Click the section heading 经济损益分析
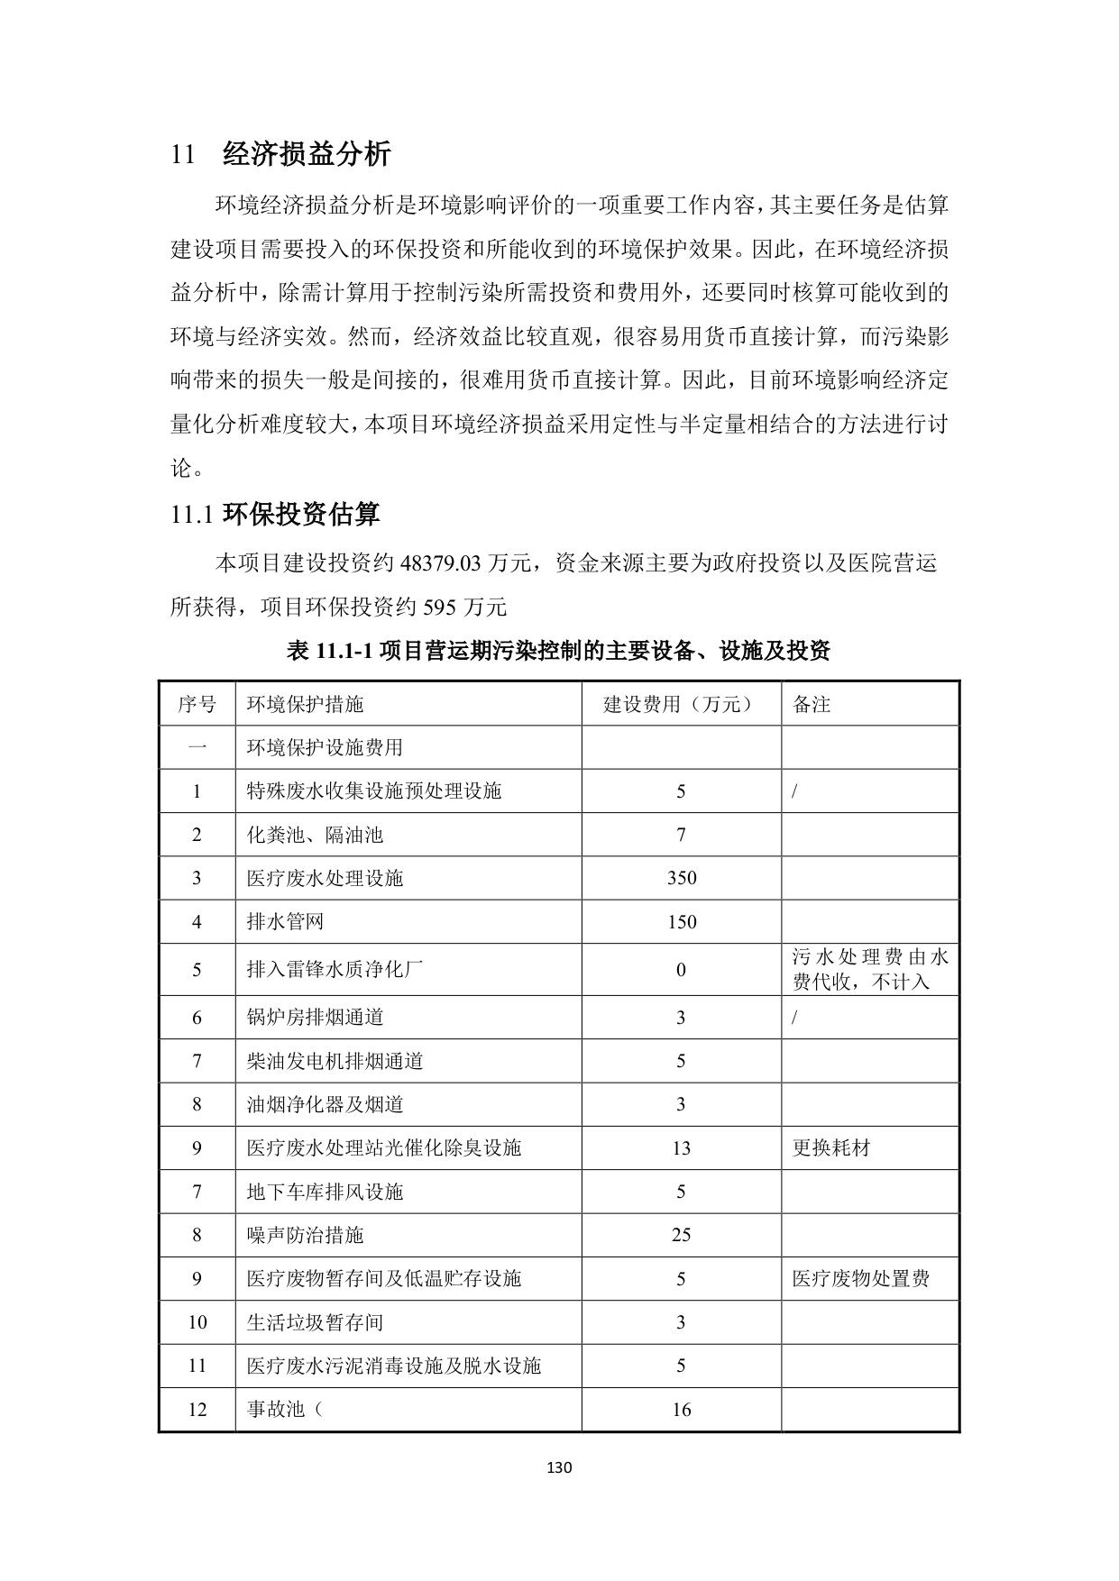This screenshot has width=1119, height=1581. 306,154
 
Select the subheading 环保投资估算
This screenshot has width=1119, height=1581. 301,515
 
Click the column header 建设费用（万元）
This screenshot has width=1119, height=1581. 681,704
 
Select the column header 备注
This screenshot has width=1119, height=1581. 811,704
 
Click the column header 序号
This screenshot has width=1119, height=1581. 197,704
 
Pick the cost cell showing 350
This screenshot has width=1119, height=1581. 681,878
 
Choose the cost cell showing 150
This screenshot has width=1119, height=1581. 681,922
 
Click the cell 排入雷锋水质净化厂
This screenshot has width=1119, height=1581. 335,970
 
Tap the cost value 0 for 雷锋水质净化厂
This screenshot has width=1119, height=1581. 681,970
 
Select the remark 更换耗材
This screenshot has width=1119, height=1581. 830,1148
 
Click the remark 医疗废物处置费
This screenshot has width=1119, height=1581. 860,1279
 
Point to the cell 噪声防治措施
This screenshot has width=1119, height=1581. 305,1235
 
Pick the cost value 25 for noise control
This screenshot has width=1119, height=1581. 681,1235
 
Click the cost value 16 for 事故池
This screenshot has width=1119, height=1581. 681,1410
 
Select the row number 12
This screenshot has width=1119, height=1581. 197,1410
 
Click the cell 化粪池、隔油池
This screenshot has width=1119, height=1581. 315,835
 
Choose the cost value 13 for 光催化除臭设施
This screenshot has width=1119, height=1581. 681,1148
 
